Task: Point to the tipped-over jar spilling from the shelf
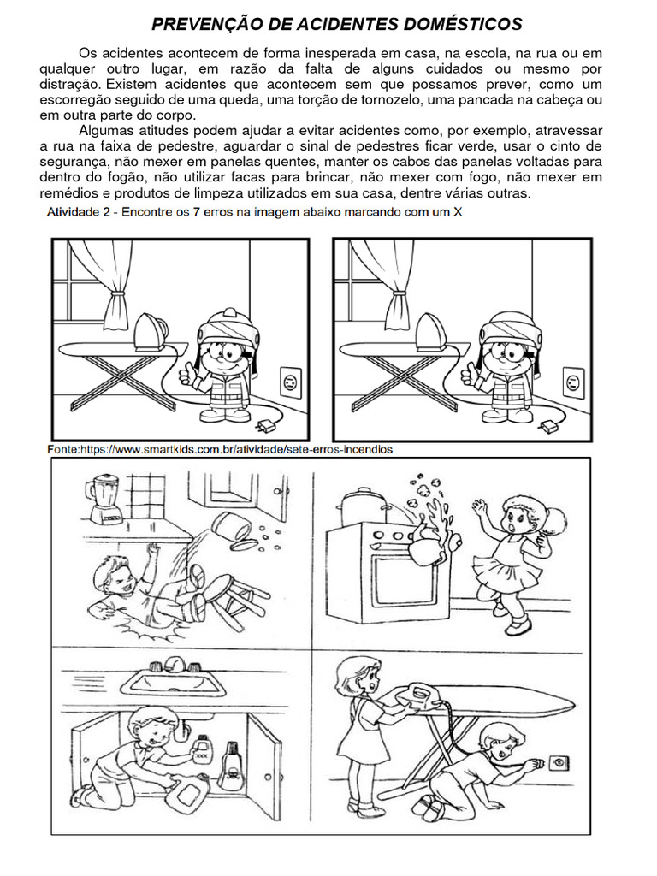coord(230,527)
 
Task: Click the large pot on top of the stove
coord(363,506)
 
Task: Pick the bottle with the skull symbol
coord(229,766)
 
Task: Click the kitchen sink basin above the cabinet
coord(173,682)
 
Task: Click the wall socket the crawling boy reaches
coord(558,762)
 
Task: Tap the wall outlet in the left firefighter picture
coord(291,382)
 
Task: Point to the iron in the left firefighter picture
coord(150,332)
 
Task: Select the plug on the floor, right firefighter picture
coord(548,427)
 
